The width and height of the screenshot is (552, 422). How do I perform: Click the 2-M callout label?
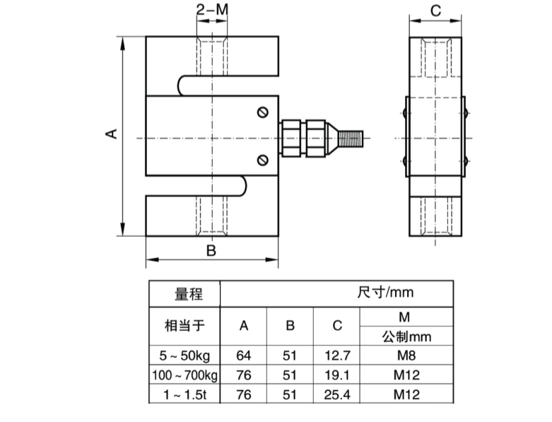[211, 10]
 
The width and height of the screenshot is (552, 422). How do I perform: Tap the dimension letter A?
[111, 134]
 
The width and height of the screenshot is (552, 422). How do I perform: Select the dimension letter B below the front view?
[211, 250]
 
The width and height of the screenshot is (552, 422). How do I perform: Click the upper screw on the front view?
[263, 112]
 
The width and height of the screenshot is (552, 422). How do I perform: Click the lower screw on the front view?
[263, 159]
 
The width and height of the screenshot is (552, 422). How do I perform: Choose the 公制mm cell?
[406, 336]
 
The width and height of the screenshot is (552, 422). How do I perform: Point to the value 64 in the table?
[244, 355]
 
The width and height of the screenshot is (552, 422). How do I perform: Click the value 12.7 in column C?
[337, 355]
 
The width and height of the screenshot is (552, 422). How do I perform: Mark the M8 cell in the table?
[406, 355]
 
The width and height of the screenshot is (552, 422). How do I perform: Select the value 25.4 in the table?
[337, 393]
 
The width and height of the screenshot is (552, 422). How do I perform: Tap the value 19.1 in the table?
[337, 374]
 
